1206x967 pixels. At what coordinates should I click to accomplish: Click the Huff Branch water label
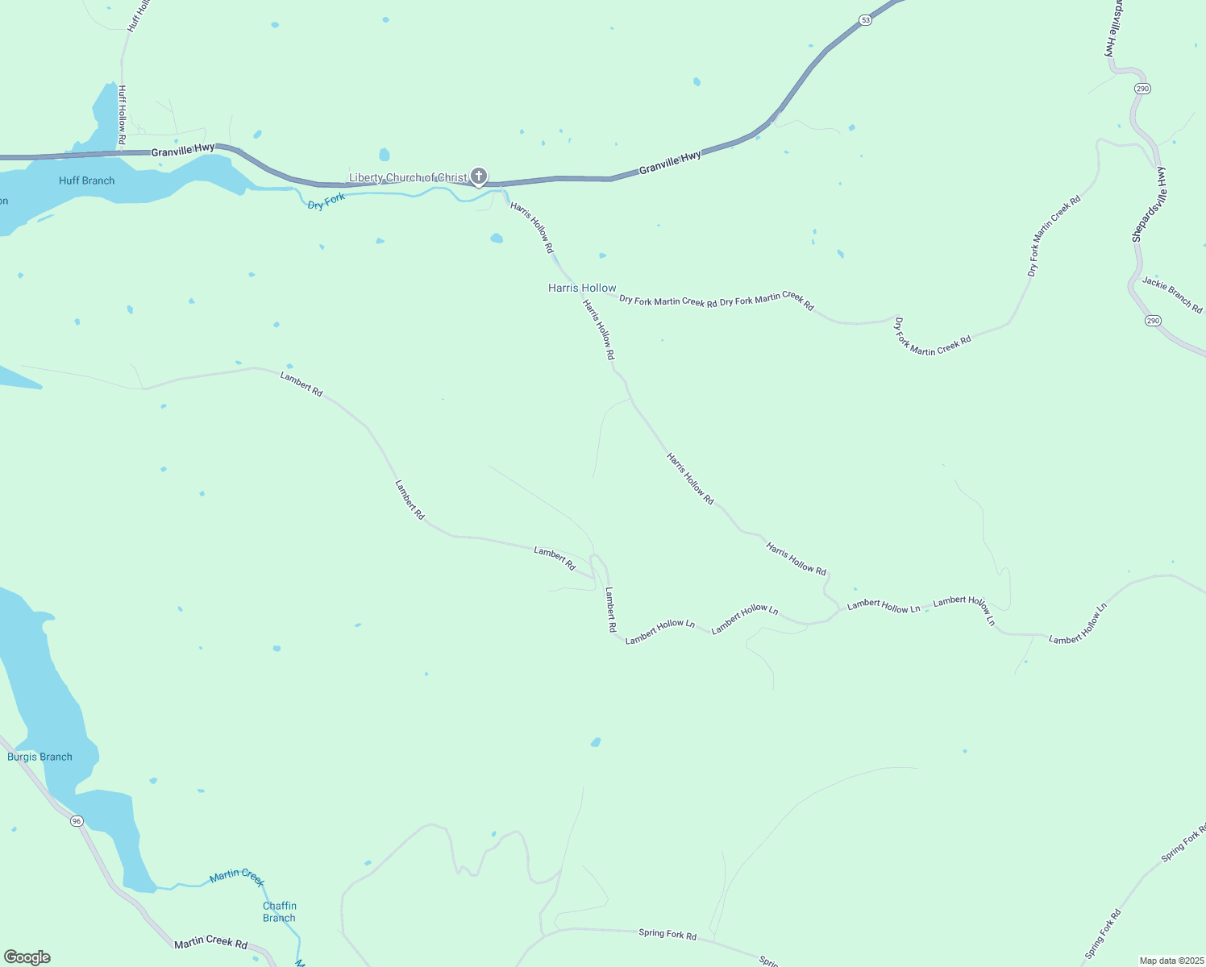[86, 181]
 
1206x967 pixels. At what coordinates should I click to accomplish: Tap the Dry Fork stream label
[326, 201]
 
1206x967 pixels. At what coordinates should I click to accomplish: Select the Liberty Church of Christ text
[407, 177]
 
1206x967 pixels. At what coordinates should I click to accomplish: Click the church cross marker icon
[479, 176]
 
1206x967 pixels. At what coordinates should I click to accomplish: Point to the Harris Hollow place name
[582, 288]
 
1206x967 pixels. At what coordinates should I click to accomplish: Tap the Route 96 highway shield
[77, 820]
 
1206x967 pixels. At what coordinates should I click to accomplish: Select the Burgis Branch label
[40, 757]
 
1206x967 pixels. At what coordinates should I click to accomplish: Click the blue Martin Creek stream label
[236, 877]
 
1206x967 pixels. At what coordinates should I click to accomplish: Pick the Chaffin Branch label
[280, 911]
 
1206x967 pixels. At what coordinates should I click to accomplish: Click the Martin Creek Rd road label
[210, 942]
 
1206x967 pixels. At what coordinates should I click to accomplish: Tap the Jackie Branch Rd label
[1172, 295]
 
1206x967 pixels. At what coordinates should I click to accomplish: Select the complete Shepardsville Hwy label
[1149, 205]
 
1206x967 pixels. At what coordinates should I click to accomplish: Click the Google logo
[27, 957]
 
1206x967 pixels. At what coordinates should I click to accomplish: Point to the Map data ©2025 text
[1171, 961]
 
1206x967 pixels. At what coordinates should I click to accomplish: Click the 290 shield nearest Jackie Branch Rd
[1153, 321]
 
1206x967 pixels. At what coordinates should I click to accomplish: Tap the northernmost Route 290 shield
[1142, 89]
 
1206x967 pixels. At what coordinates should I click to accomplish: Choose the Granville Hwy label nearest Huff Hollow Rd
[183, 149]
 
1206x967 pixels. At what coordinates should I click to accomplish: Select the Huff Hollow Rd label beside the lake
[122, 115]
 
